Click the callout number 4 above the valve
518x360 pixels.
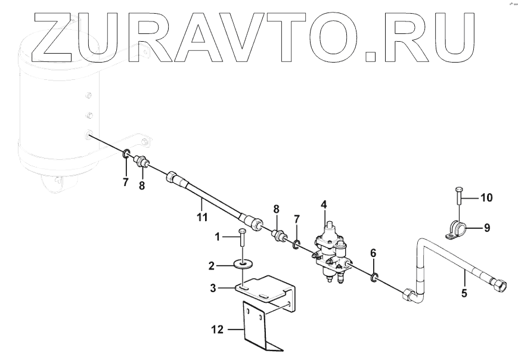(324, 204)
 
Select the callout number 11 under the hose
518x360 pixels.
(203, 218)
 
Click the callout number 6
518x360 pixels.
(373, 253)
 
